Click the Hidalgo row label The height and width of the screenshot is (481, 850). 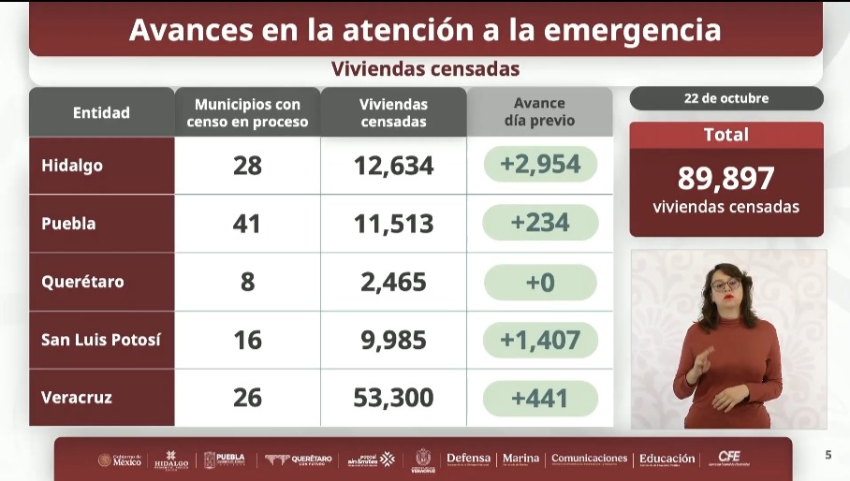pyautogui.click(x=72, y=166)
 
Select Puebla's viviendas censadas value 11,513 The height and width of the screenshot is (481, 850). pyautogui.click(x=393, y=224)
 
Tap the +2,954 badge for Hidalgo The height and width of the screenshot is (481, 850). pyautogui.click(x=540, y=166)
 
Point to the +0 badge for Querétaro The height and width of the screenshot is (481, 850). pyautogui.click(x=540, y=282)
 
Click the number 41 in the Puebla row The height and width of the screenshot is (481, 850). pyautogui.click(x=247, y=224)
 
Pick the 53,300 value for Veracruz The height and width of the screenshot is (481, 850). pyautogui.click(x=393, y=398)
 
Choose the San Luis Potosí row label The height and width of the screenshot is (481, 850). pyautogui.click(x=101, y=340)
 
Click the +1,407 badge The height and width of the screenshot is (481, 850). pyautogui.click(x=540, y=340)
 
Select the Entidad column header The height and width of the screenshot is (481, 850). pyautogui.click(x=101, y=112)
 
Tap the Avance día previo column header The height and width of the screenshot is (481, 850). pyautogui.click(x=539, y=112)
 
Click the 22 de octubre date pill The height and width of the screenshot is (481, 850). pyautogui.click(x=726, y=98)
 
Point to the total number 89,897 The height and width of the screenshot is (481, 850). pyautogui.click(x=726, y=178)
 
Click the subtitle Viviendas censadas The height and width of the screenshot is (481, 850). pyautogui.click(x=425, y=69)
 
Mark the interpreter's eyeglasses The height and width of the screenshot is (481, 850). pyautogui.click(x=725, y=284)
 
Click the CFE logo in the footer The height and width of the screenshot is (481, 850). pyautogui.click(x=728, y=458)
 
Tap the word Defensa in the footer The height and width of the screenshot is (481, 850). pyautogui.click(x=468, y=459)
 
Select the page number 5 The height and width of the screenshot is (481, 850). pyautogui.click(x=828, y=456)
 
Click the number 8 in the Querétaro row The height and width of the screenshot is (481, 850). pyautogui.click(x=247, y=282)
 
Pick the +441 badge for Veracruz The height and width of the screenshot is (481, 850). pyautogui.click(x=540, y=398)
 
